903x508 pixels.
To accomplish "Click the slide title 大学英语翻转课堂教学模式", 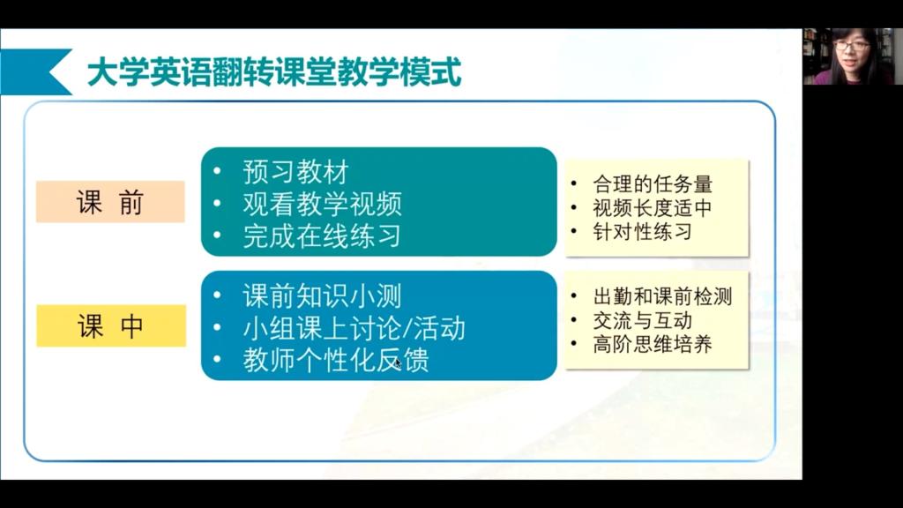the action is click(274, 72).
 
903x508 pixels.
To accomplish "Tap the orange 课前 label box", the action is click(110, 202).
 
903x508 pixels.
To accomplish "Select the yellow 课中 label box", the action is click(111, 326).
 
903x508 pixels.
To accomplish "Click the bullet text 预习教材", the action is click(296, 172).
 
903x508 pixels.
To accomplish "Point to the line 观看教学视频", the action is click(323, 204).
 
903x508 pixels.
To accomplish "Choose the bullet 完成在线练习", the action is click(322, 236).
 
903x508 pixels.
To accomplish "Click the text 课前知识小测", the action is click(323, 296).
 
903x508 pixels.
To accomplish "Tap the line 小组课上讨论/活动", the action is click(354, 328).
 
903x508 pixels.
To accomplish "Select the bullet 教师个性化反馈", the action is click(336, 361).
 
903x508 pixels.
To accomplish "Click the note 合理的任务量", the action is click(653, 184).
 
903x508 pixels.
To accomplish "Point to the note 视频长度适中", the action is click(653, 208).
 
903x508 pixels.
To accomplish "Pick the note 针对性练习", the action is click(643, 232).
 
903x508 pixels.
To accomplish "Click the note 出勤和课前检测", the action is click(663, 296).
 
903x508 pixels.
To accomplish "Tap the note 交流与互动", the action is click(643, 320).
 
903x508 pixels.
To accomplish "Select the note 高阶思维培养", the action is click(653, 344).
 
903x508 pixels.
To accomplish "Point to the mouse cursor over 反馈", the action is click(399, 363).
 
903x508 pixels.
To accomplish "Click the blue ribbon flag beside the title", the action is click(35, 71).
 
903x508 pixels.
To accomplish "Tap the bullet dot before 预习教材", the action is click(217, 171).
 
